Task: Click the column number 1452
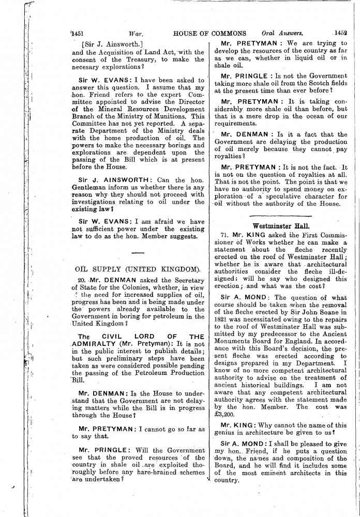[340, 32]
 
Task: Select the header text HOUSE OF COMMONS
[210, 32]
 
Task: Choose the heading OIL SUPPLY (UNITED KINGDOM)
[138, 269]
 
